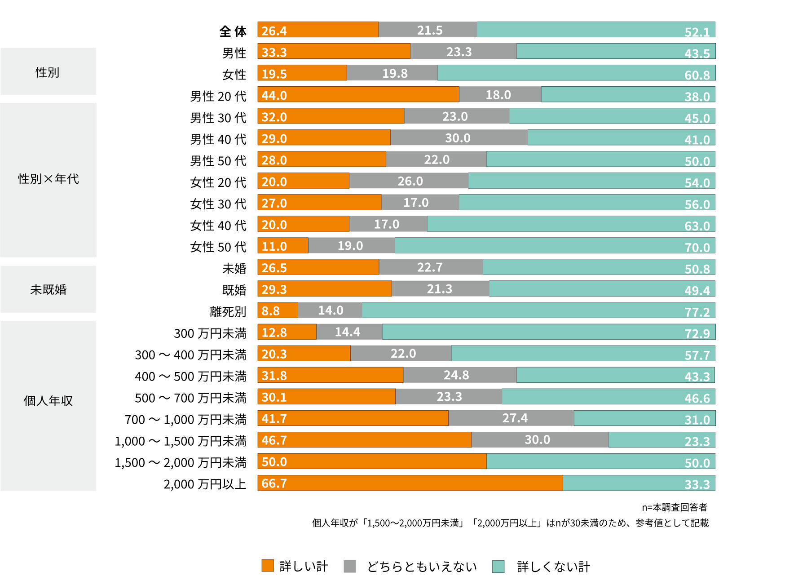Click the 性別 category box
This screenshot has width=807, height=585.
(48, 71)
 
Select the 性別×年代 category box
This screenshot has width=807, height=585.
(48, 180)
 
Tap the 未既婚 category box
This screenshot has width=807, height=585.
(48, 289)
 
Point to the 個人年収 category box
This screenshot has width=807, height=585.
(48, 405)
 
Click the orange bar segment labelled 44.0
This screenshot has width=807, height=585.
(358, 95)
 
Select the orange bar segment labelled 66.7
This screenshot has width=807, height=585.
(410, 483)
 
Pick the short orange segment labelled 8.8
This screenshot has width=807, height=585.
(278, 310)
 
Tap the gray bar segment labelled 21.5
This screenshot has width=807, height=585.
(428, 30)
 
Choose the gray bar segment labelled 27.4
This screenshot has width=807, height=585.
(511, 418)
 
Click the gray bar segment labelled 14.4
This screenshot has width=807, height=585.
(349, 332)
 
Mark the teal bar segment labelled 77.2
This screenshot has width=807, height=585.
(538, 310)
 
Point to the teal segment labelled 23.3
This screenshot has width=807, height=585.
(661, 440)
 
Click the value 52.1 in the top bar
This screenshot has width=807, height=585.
(697, 32)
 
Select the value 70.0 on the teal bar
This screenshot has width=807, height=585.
(697, 247)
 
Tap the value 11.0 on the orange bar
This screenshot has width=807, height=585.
(274, 246)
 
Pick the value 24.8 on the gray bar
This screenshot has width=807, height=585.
(456, 375)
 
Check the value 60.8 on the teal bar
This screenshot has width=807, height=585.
(697, 75)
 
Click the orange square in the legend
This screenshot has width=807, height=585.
(268, 566)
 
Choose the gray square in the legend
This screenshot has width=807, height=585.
(350, 566)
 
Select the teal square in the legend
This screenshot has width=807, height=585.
(498, 566)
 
